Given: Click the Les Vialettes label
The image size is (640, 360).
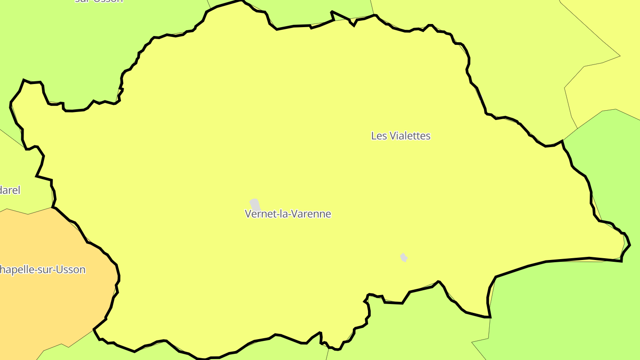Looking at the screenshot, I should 401,136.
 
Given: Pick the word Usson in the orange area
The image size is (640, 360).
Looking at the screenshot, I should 72,270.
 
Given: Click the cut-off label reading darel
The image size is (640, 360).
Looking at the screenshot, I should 10,190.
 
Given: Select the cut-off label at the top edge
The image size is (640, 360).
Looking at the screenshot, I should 99,1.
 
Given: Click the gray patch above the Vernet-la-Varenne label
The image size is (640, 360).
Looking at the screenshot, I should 255,204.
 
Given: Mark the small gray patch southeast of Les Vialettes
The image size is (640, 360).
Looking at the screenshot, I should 404,257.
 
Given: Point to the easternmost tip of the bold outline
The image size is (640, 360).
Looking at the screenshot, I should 630,245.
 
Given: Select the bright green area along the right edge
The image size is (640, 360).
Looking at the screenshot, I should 613,169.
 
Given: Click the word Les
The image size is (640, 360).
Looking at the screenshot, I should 379,136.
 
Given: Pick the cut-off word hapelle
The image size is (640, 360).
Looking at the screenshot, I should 20,270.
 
